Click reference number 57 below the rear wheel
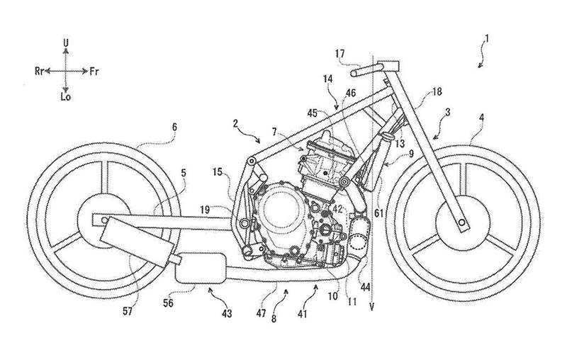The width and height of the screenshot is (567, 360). [128, 311]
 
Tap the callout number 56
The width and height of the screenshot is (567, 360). [168, 303]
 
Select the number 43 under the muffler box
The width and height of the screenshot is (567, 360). [227, 313]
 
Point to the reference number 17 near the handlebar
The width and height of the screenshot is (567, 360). [340, 55]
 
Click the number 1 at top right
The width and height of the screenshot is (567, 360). [487, 39]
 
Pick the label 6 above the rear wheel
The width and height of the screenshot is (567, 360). [174, 127]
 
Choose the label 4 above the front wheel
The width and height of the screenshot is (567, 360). [483, 118]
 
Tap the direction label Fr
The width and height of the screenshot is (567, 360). [94, 72]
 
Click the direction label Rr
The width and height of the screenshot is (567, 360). [40, 71]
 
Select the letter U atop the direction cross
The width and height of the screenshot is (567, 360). [66, 43]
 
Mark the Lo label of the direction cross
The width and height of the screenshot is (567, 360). [65, 97]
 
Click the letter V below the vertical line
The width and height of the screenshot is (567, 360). [371, 307]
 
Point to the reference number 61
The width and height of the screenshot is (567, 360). [378, 213]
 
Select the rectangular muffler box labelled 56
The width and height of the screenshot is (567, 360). [201, 267]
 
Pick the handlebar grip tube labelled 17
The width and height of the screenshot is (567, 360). [366, 69]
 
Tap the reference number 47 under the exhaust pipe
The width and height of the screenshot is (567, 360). [262, 313]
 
